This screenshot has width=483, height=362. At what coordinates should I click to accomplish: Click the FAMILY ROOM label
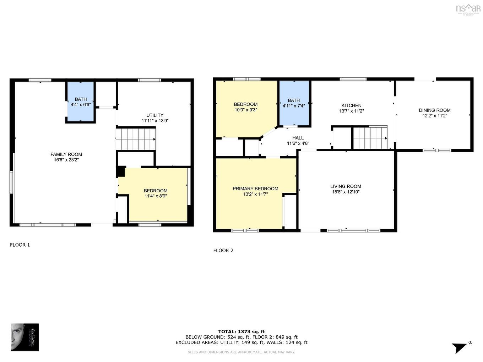click(66, 154)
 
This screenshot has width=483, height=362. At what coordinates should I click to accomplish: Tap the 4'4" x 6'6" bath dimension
click(81, 105)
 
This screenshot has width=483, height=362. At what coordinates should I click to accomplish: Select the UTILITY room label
click(155, 115)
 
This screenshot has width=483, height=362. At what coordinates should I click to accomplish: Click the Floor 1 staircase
click(136, 139)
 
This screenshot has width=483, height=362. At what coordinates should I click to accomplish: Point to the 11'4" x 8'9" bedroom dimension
click(156, 196)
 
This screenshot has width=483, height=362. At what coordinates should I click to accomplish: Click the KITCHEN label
click(351, 105)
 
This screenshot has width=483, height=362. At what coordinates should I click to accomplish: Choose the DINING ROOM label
click(434, 110)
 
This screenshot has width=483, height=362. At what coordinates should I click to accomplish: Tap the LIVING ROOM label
click(346, 186)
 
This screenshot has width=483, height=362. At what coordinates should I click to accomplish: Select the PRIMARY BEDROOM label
click(255, 188)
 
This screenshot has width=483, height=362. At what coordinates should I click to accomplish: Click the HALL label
click(298, 138)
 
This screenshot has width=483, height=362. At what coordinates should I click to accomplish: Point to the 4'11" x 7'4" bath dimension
click(294, 106)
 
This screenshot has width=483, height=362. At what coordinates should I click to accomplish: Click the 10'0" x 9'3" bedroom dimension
click(245, 110)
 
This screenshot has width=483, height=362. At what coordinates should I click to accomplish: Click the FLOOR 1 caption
click(20, 245)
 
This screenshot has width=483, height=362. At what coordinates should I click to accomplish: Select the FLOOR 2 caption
click(223, 251)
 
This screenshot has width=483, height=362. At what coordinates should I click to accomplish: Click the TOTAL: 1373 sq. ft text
click(241, 331)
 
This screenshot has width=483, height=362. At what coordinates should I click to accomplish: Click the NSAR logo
click(468, 9)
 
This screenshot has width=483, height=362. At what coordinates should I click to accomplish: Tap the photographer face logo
click(25, 337)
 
